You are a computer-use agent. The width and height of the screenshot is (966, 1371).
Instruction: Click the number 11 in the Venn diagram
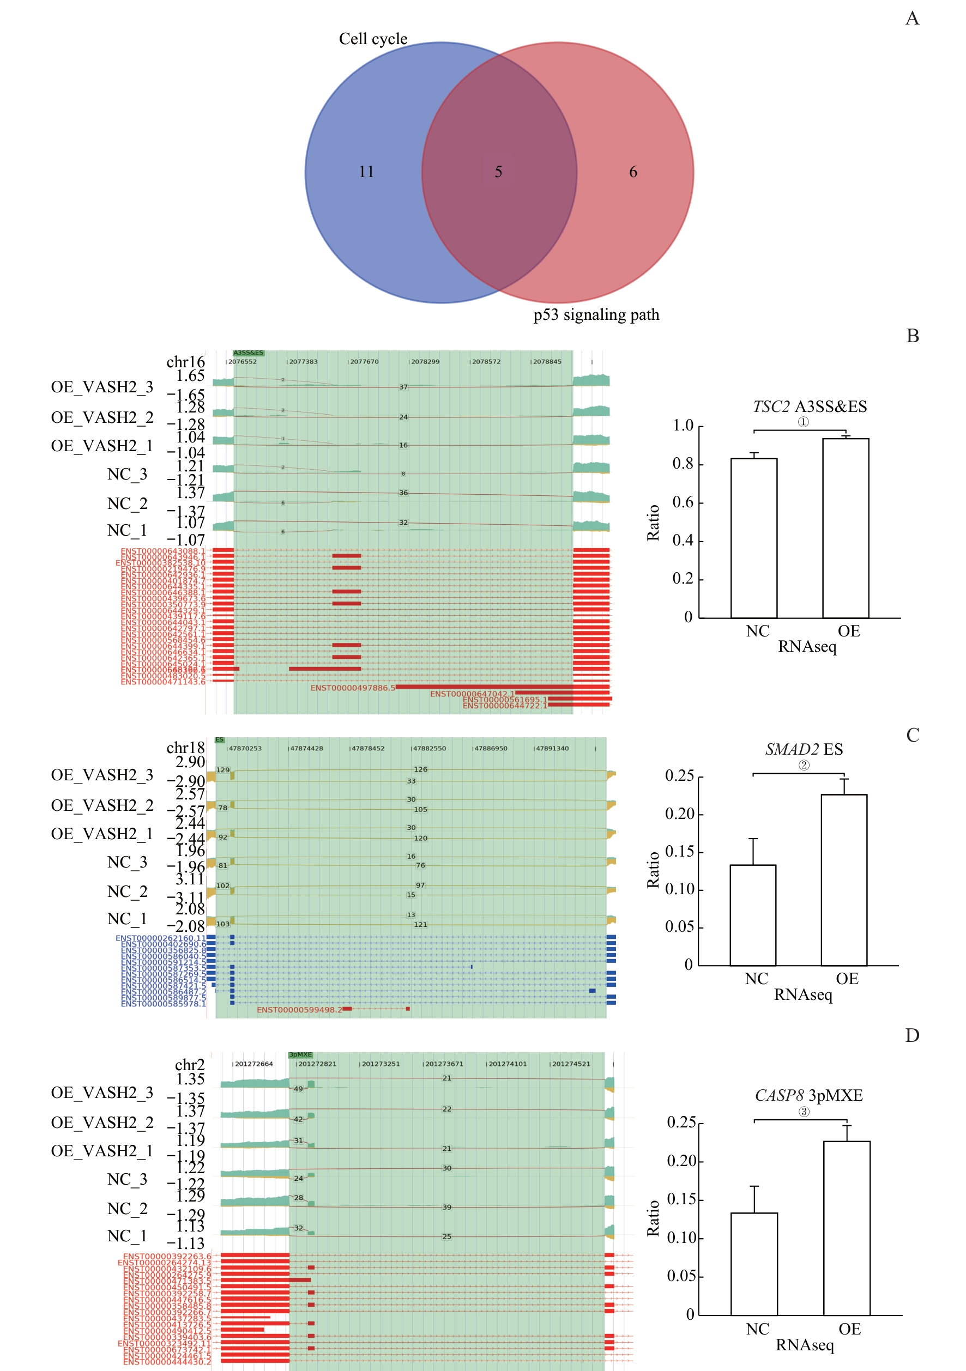tap(366, 172)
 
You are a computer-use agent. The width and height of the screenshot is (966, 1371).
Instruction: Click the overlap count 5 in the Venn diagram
tap(498, 172)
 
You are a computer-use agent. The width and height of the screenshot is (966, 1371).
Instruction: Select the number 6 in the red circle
tap(633, 172)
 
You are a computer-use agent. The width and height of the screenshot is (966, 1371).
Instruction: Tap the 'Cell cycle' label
tap(373, 39)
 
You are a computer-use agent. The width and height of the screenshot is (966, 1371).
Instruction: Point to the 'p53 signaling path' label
tap(596, 314)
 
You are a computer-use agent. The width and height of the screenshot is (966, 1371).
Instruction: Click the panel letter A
tap(912, 19)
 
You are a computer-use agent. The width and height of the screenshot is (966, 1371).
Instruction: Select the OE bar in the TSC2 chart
tap(846, 529)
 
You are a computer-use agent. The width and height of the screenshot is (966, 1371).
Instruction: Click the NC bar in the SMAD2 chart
tap(753, 915)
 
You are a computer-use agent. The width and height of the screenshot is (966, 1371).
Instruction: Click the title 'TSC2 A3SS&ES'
tap(810, 407)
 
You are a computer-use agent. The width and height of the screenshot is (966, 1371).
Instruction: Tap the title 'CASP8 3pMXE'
tap(809, 1095)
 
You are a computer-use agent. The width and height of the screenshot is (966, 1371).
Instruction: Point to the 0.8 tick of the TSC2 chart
tap(683, 464)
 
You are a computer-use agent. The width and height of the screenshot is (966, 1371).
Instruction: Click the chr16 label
tap(185, 362)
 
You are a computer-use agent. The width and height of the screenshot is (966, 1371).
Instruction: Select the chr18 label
tap(185, 748)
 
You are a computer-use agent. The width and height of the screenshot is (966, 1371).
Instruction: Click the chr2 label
tap(189, 1065)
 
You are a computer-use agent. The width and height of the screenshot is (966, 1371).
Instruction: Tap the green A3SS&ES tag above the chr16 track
tap(248, 353)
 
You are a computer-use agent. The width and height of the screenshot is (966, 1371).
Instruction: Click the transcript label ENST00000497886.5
tap(353, 688)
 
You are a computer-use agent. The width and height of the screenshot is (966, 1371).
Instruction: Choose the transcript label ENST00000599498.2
tap(299, 1010)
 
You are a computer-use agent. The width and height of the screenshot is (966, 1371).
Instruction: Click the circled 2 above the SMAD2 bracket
tap(804, 766)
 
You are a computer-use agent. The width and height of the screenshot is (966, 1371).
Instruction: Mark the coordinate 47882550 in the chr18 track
tap(429, 748)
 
